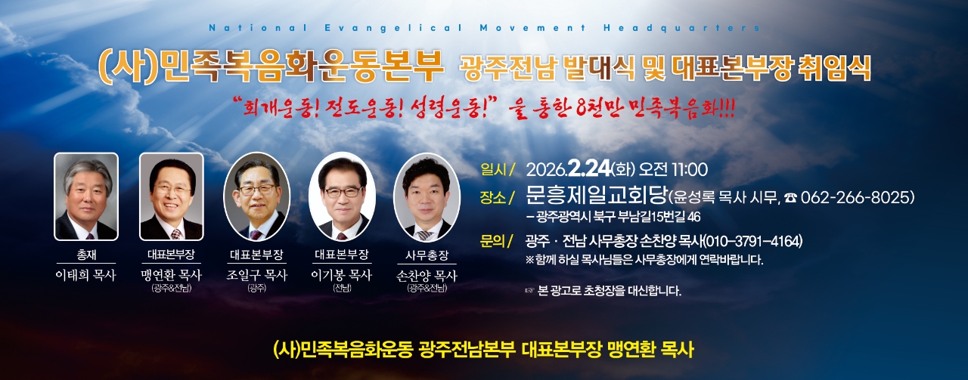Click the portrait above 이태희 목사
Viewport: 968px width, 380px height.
click(x=86, y=196)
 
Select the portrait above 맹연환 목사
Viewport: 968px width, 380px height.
click(x=171, y=196)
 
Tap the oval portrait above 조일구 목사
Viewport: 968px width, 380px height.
click(x=256, y=196)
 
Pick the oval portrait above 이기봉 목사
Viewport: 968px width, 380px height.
click(x=342, y=196)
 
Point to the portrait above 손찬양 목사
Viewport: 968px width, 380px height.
click(x=427, y=197)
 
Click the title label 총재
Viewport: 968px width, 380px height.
click(x=86, y=255)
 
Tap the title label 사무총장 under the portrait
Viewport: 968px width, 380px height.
click(x=427, y=255)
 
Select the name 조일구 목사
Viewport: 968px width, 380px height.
click(x=256, y=275)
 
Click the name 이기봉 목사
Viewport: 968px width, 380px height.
click(x=342, y=275)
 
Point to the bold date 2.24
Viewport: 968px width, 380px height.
click(x=590, y=168)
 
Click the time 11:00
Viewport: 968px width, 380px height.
click(x=690, y=169)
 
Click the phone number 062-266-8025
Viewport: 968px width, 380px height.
click(x=858, y=197)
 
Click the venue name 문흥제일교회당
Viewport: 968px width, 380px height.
click(x=597, y=196)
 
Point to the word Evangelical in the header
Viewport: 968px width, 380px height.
click(x=393, y=28)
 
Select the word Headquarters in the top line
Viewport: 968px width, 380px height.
click(x=681, y=28)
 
